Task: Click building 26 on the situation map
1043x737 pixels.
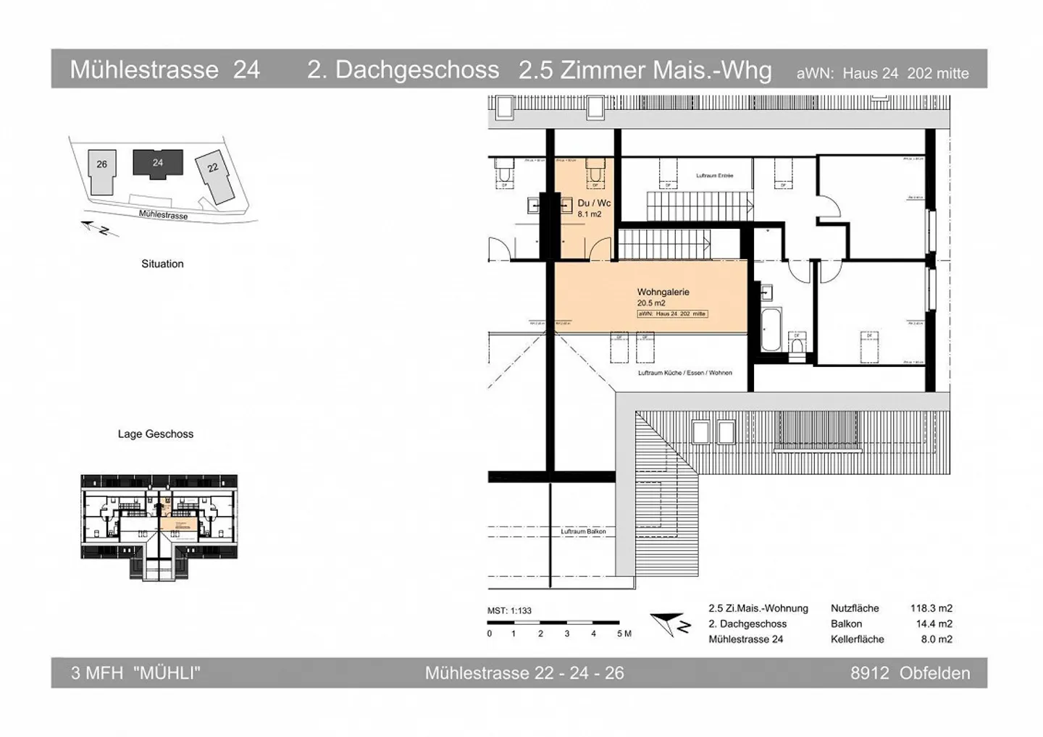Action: tap(101, 172)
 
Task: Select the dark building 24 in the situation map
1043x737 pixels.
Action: tap(157, 163)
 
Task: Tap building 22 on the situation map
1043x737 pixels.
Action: tap(214, 176)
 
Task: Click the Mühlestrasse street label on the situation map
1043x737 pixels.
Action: tap(163, 214)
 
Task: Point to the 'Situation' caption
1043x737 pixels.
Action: tap(162, 264)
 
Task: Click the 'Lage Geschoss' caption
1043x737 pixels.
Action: tap(156, 434)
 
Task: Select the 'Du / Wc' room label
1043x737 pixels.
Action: tap(594, 203)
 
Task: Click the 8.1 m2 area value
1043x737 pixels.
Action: tap(590, 214)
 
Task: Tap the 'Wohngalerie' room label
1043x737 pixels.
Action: tap(663, 292)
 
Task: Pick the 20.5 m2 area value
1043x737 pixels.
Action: tap(651, 303)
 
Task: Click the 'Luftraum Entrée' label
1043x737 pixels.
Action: tap(714, 175)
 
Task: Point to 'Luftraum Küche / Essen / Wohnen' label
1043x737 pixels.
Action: tap(684, 373)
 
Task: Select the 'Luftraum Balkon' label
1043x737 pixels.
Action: tap(583, 531)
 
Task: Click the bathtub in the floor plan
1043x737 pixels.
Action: tap(771, 329)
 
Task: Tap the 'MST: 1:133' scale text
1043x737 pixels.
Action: tap(509, 610)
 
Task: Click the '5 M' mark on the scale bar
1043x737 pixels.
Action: tap(624, 633)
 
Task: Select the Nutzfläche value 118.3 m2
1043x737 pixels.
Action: tap(931, 608)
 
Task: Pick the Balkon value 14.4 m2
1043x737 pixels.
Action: tap(934, 623)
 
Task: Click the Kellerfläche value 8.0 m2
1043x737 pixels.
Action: tap(936, 639)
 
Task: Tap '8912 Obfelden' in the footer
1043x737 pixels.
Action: tap(910, 673)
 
